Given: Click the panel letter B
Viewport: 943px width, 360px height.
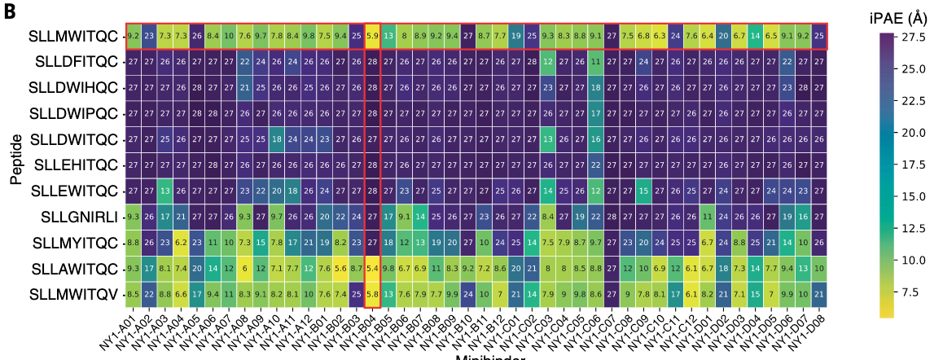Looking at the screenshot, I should coord(10,11).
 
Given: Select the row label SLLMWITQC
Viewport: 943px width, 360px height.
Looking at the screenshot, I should coord(72,37).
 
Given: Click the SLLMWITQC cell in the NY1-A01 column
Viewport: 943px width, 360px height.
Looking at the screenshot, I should coord(133,37).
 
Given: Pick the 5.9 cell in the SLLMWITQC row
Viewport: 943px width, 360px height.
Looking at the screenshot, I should coord(372,37).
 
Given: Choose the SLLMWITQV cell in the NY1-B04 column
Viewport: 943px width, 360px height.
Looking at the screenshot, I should coord(372,292).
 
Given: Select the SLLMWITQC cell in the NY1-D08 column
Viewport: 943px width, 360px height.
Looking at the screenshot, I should coord(818,37).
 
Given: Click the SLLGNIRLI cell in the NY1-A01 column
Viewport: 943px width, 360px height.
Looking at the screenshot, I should coord(133,216).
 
